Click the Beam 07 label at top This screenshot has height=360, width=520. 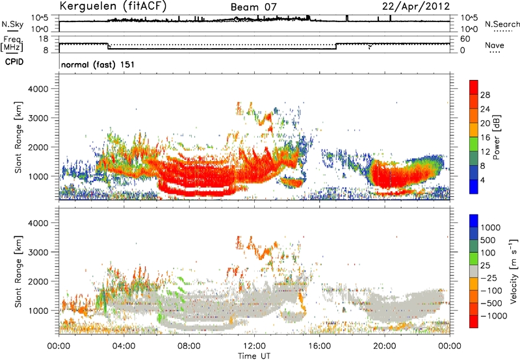pyautogui.click(x=253, y=7)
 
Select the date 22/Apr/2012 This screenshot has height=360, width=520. pyautogui.click(x=416, y=6)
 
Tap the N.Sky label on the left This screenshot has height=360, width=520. pyautogui.click(x=12, y=24)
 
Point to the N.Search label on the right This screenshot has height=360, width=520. pyautogui.click(x=502, y=24)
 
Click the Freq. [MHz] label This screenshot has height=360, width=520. pyautogui.click(x=12, y=44)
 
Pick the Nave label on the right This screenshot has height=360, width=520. pyautogui.click(x=495, y=45)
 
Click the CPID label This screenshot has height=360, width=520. pyautogui.click(x=14, y=62)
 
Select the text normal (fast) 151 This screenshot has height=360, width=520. pyautogui.click(x=98, y=64)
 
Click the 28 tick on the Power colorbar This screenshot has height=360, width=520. pyautogui.click(x=485, y=95)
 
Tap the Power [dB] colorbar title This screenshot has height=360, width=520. pyautogui.click(x=497, y=137)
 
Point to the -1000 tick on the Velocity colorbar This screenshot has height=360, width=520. pyautogui.click(x=494, y=316)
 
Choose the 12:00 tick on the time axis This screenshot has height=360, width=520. pyautogui.click(x=254, y=346)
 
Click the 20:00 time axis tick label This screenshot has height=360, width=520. pyautogui.click(x=385, y=346)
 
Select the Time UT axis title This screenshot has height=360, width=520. pyautogui.click(x=254, y=356)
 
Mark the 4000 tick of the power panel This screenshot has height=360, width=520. pyautogui.click(x=38, y=89)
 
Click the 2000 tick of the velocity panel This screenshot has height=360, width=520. pyautogui.click(x=38, y=281)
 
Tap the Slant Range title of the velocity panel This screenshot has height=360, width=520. pyautogui.click(x=19, y=272)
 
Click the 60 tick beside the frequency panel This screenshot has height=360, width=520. pyautogui.click(x=465, y=39)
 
